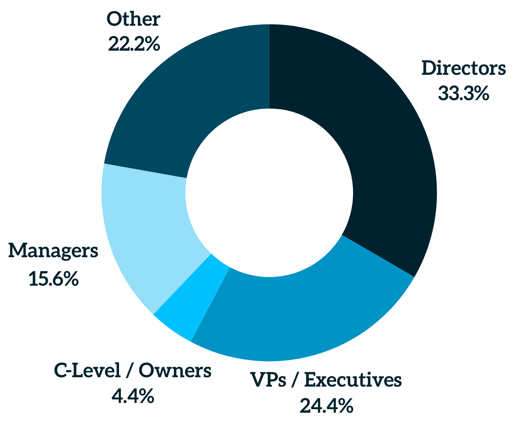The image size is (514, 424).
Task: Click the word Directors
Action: click(x=463, y=69)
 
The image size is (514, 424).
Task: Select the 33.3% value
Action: click(x=463, y=94)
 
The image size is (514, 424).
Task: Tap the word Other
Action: click(x=133, y=19)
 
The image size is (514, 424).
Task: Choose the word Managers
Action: click(x=53, y=251)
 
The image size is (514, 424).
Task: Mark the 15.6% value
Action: click(x=54, y=279)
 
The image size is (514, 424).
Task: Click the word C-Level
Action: click(x=87, y=371)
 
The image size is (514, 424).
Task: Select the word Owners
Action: click(x=175, y=371)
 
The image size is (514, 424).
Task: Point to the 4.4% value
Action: click(x=133, y=397)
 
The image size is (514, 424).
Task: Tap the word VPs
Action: click(x=269, y=380)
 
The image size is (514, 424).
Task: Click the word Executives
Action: click(x=353, y=380)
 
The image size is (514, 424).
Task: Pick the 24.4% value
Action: click(x=326, y=406)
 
